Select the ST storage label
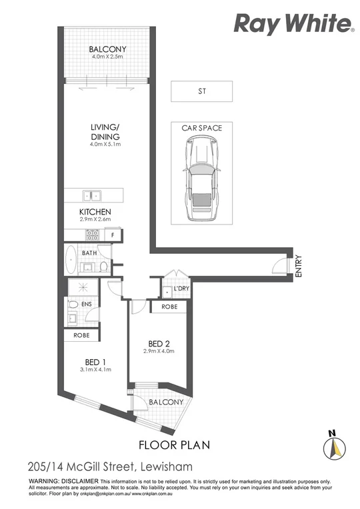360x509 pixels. point(201,91)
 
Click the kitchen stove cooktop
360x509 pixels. point(91,235)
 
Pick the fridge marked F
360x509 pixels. point(113,235)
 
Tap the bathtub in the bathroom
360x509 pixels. point(71,260)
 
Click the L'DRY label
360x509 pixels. point(182,288)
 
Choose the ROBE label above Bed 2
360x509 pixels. point(169,306)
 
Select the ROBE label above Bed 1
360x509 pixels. point(82,336)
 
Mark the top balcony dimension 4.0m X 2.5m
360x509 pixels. point(109,57)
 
